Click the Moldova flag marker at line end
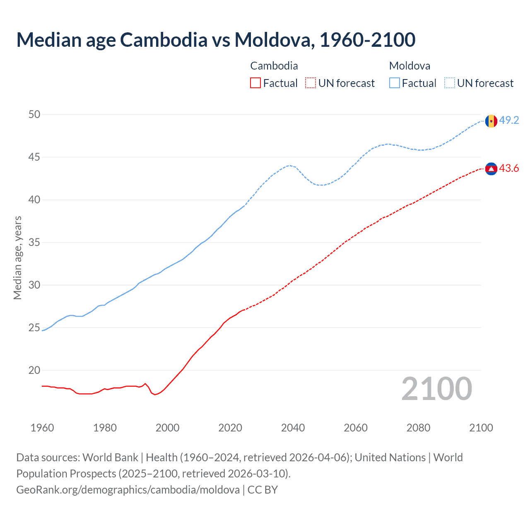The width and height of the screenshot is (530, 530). (x=491, y=121)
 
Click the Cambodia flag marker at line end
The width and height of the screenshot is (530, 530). (x=491, y=169)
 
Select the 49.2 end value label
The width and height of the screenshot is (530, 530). (x=509, y=120)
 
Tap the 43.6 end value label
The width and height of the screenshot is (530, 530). (x=509, y=169)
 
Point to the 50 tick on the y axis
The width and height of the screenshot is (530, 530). (x=34, y=115)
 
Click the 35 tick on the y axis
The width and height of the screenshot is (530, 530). (x=34, y=242)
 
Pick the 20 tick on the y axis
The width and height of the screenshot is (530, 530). (x=34, y=370)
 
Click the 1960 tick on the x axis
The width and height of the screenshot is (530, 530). (x=42, y=428)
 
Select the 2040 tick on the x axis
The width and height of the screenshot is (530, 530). (x=293, y=428)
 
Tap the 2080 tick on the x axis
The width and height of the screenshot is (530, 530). (x=418, y=428)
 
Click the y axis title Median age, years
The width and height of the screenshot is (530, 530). (x=17, y=258)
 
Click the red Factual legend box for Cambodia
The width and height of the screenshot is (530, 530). (x=255, y=83)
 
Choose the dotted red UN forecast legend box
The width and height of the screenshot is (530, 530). (x=311, y=83)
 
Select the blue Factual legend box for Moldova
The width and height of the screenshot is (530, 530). (x=395, y=83)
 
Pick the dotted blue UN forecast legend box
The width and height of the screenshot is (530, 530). (x=450, y=83)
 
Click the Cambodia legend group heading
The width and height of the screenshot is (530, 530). (x=274, y=66)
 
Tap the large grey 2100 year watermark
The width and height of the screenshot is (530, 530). (x=436, y=389)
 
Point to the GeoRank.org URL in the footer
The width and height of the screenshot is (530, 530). (x=128, y=490)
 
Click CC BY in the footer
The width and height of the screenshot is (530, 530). (x=263, y=490)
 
